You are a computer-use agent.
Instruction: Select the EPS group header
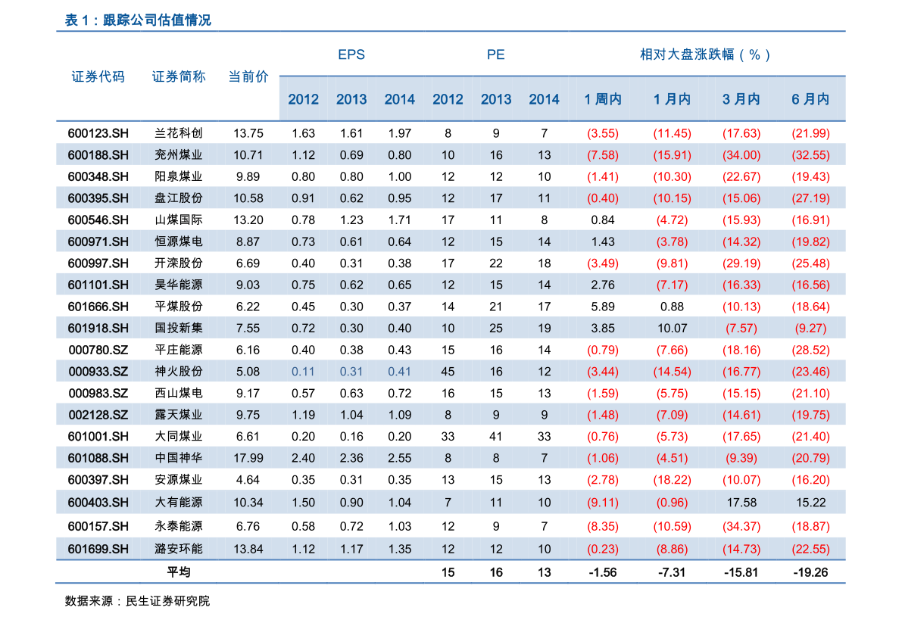click(x=351, y=55)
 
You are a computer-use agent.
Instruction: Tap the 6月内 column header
click(x=810, y=99)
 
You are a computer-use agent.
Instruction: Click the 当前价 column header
click(x=248, y=76)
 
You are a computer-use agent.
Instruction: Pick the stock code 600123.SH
click(x=98, y=133)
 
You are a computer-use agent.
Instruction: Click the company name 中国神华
click(x=179, y=459)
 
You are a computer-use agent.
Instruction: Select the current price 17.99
click(x=248, y=459)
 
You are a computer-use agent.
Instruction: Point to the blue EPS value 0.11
click(x=303, y=372)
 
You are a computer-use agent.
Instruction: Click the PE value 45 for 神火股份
click(x=448, y=372)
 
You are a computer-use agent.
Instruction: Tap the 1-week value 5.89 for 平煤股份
click(x=603, y=307)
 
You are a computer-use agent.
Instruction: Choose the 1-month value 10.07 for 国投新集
click(x=672, y=329)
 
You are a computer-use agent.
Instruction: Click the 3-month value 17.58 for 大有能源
click(x=741, y=503)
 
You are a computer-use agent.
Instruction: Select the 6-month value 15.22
click(x=810, y=503)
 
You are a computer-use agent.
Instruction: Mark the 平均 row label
click(x=179, y=572)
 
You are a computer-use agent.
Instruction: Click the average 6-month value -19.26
click(x=810, y=572)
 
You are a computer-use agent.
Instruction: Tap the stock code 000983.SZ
click(x=98, y=394)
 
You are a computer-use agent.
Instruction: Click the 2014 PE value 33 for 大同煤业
click(x=544, y=437)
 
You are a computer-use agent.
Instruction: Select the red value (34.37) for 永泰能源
click(x=741, y=527)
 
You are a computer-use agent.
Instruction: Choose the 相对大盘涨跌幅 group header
click(x=705, y=55)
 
